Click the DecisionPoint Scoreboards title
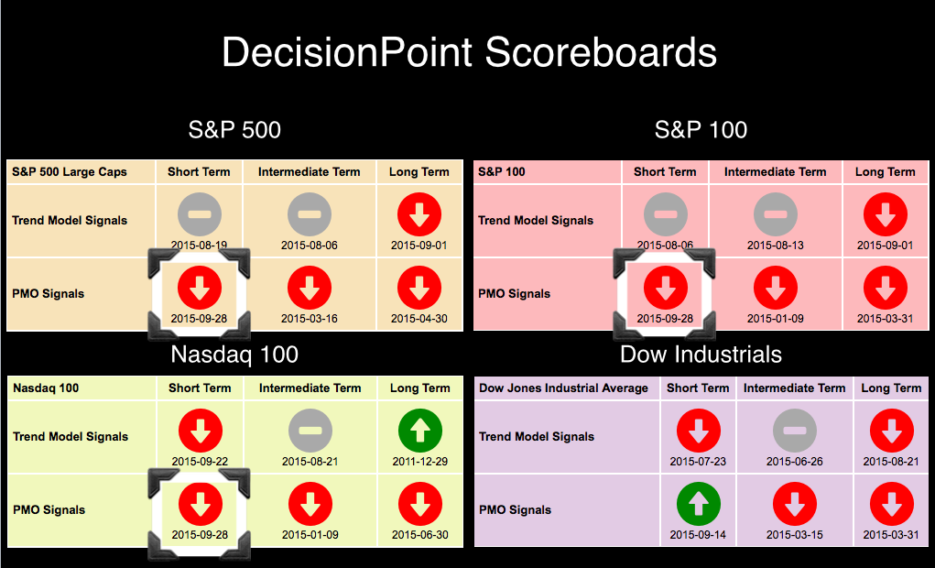click(x=469, y=52)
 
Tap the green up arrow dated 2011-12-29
click(x=420, y=431)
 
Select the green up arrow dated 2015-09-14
click(x=698, y=504)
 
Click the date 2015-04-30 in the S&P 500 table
click(x=419, y=319)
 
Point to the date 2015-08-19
click(x=199, y=246)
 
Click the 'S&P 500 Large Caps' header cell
click(x=70, y=172)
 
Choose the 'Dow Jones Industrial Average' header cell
click(x=563, y=388)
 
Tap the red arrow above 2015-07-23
click(x=698, y=431)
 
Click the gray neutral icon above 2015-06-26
click(x=795, y=431)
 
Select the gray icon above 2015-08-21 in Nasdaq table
click(x=310, y=431)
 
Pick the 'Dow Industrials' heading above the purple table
click(x=701, y=355)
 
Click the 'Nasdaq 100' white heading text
click(x=234, y=355)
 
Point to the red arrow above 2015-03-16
click(x=310, y=288)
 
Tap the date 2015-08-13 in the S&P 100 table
click(x=775, y=246)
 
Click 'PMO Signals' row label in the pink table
click(x=514, y=293)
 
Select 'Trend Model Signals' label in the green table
click(x=71, y=437)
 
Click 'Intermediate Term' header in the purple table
click(x=794, y=388)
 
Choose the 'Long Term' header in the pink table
click(x=885, y=172)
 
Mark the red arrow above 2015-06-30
click(x=420, y=504)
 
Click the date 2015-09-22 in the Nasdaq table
click(x=200, y=461)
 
